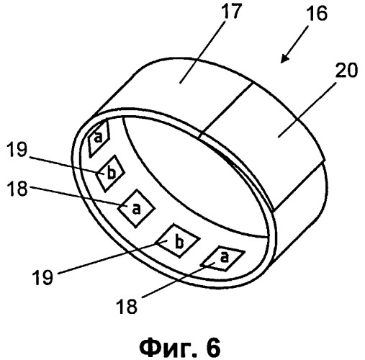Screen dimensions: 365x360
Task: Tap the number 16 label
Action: tap(317, 14)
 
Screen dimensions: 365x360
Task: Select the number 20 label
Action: tap(346, 70)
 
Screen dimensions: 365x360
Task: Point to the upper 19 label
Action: tap(17, 149)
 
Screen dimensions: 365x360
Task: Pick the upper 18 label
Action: tap(17, 189)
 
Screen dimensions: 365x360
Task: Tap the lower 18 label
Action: tap(127, 306)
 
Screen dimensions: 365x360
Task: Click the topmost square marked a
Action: tap(99, 138)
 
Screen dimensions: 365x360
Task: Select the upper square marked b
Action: tap(110, 174)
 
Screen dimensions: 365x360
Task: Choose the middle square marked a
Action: tap(136, 208)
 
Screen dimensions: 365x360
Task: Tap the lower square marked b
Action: tap(178, 241)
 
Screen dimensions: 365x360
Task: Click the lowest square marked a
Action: tap(222, 258)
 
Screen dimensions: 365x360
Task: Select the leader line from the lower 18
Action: tap(179, 280)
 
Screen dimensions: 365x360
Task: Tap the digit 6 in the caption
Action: tap(212, 346)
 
